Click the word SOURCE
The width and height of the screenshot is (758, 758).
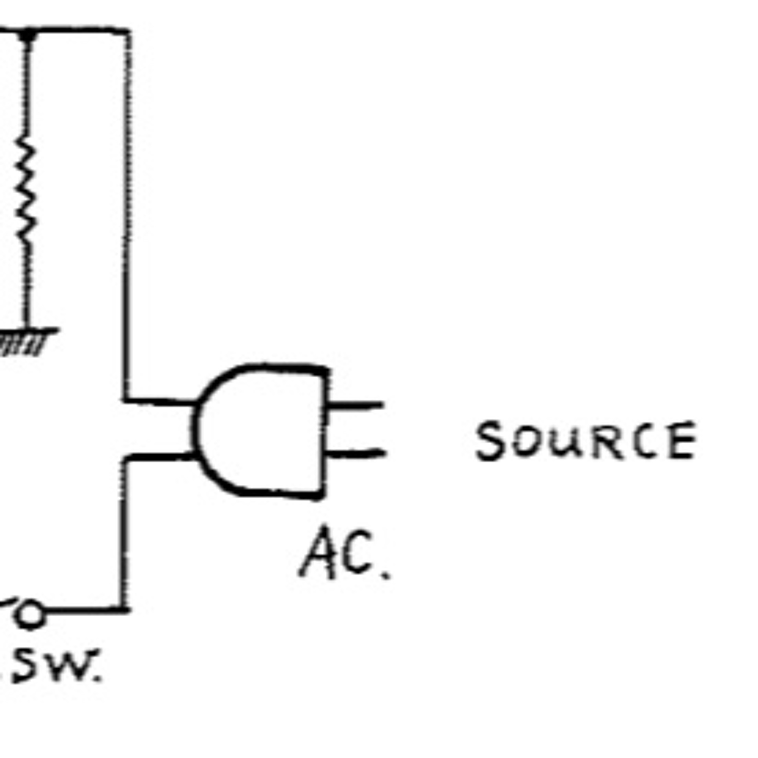point(586,440)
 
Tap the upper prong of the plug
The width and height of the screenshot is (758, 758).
point(355,405)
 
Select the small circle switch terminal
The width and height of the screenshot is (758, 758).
point(30,614)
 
